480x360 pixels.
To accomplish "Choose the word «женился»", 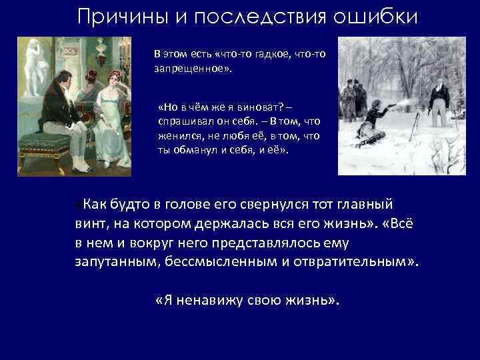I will [x=177, y=136].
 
